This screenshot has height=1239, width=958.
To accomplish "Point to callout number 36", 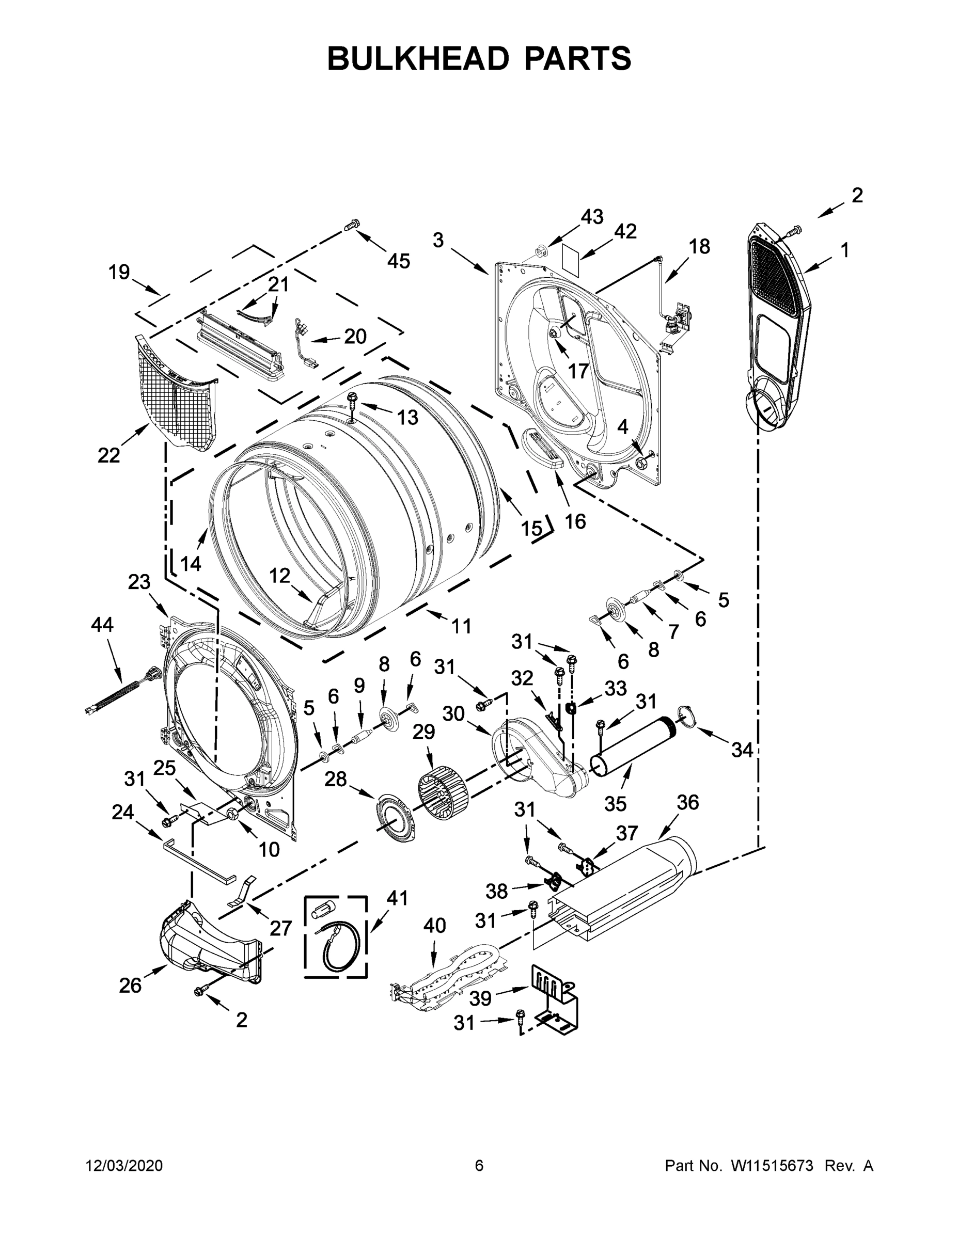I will pyautogui.click(x=687, y=803).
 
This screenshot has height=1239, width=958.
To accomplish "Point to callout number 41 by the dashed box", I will pyautogui.click(x=397, y=898).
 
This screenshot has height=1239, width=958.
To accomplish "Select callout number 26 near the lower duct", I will pyautogui.click(x=130, y=986).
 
